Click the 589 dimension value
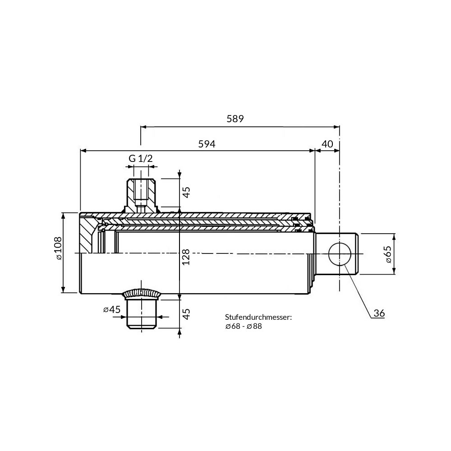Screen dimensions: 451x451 [x=235, y=119]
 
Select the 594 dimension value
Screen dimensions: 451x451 [x=207, y=144]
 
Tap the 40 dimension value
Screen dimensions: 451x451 [x=327, y=144]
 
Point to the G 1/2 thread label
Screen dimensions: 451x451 [x=140, y=158]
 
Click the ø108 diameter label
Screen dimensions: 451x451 [x=58, y=248]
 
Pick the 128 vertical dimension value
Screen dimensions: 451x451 [x=186, y=257]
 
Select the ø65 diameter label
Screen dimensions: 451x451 [x=388, y=254]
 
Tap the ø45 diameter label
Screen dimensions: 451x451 [x=111, y=309]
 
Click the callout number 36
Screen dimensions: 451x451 [x=379, y=313]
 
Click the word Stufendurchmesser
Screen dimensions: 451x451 [x=258, y=317]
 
